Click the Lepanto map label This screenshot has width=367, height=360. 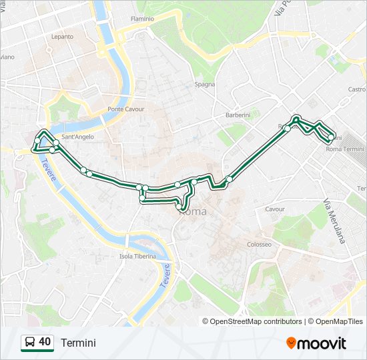point(62,37)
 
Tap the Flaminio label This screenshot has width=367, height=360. point(142,19)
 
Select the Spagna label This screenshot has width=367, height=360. point(204,84)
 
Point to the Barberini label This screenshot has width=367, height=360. point(238,115)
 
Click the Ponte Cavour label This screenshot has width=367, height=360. point(125,109)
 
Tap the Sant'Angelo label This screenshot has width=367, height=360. point(77,137)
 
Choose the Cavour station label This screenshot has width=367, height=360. point(275,209)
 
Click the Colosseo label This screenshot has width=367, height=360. point(259,244)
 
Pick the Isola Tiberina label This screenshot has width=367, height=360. point(137,256)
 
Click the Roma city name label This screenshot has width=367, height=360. point(193,211)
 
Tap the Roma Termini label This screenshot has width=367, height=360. point(344,149)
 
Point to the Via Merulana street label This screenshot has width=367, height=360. point(334,221)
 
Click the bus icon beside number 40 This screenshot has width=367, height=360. point(30,343)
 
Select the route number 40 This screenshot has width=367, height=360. point(45,342)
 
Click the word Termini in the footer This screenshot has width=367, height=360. point(78,343)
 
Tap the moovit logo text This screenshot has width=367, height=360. point(322,343)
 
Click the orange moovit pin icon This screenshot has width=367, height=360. point(291,343)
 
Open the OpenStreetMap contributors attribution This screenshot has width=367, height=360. point(256,321)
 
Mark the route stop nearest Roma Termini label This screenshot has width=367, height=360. point(331,138)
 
